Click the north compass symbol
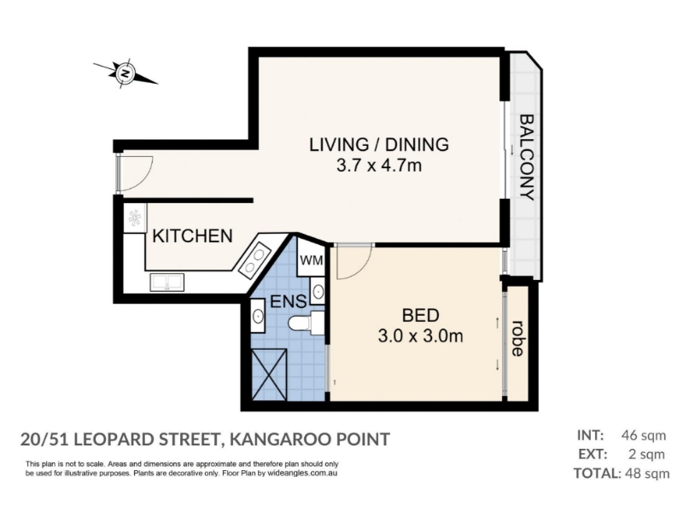(126, 73)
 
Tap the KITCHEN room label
(193, 236)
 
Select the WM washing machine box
(311, 260)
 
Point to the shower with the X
(269, 375)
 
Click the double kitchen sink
(166, 282)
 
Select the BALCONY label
(527, 157)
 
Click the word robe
(517, 338)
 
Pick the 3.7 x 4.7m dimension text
(379, 166)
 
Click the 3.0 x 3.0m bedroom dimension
(420, 336)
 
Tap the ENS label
(289, 301)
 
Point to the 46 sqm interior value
(644, 435)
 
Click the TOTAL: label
(598, 474)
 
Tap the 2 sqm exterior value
(647, 454)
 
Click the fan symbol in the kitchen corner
(134, 218)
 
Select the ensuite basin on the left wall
(258, 315)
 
